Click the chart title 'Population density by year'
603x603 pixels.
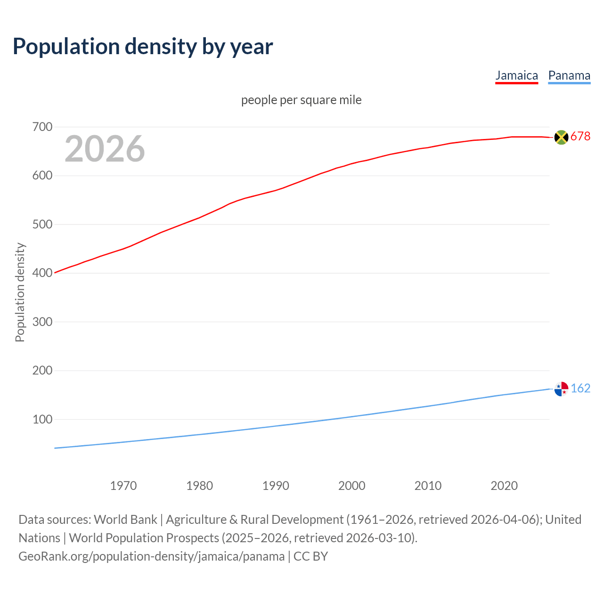click(x=143, y=47)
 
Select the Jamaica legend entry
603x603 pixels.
click(x=516, y=76)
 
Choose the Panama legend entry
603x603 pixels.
click(x=569, y=76)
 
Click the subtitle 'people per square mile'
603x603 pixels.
click(x=301, y=100)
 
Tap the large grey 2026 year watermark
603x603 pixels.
click(x=105, y=149)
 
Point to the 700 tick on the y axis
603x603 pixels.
click(x=42, y=127)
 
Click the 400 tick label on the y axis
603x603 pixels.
click(x=42, y=273)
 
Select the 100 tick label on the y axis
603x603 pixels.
click(x=42, y=419)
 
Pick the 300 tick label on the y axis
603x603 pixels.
click(x=42, y=322)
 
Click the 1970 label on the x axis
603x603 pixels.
click(x=123, y=486)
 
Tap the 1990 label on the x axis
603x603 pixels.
click(x=276, y=486)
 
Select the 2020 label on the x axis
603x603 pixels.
click(x=504, y=486)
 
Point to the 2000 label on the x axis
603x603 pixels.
click(x=352, y=486)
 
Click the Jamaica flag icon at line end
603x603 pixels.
click(x=561, y=137)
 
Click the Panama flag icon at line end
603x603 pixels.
click(x=561, y=389)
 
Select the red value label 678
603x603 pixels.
click(x=580, y=137)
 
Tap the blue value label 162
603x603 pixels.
click(x=580, y=389)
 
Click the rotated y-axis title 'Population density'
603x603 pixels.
click(x=20, y=292)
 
